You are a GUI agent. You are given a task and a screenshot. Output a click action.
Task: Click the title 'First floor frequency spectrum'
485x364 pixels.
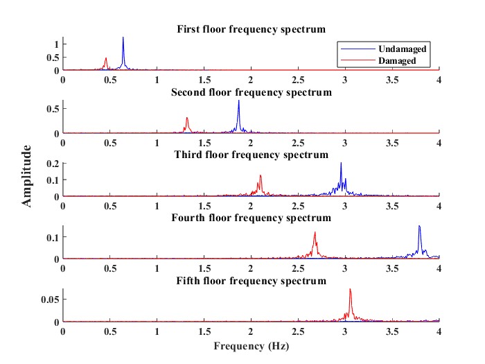point(252,29)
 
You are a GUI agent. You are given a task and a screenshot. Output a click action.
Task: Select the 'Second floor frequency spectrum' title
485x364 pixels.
point(252,92)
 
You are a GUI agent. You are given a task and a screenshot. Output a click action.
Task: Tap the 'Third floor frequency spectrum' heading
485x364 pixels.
point(252,155)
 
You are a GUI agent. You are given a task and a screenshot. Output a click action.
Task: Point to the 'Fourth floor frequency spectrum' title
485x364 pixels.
point(252,218)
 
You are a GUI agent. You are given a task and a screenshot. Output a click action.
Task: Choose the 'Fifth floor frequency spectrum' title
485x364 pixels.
point(252,281)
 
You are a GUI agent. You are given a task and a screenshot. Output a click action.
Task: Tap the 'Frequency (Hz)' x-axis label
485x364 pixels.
point(252,345)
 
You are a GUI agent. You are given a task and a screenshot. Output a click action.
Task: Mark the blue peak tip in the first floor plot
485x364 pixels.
point(123,37)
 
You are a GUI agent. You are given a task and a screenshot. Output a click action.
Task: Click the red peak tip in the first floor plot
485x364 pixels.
point(106,58)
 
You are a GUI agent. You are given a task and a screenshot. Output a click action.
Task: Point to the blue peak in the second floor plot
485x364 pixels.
point(239,101)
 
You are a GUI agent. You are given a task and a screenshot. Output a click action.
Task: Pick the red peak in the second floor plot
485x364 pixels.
point(187,118)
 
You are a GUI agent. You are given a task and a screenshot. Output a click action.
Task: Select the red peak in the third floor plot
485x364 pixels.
point(261,175)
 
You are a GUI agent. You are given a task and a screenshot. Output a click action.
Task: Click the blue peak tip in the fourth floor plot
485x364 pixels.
point(419,226)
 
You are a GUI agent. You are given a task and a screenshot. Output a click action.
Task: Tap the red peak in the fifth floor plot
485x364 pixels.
point(351,289)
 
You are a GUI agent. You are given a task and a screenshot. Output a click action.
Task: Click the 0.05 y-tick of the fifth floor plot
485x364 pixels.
point(48,299)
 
